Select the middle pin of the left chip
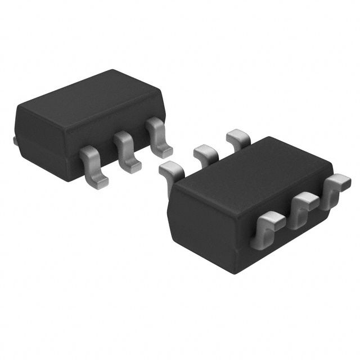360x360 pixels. [126, 152]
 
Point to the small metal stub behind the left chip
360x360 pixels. [15, 139]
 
